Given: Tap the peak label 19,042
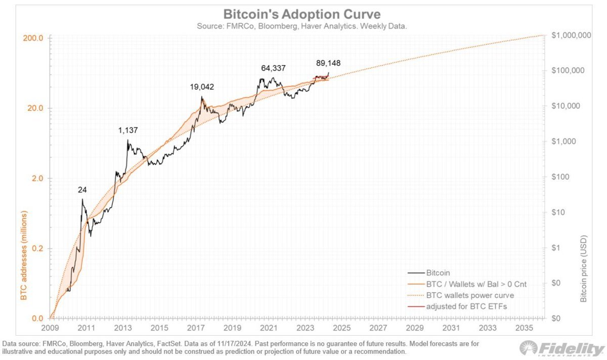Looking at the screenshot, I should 202,86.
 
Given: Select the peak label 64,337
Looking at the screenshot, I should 273,68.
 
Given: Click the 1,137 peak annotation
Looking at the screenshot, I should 128,130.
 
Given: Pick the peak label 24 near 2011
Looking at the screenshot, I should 82,190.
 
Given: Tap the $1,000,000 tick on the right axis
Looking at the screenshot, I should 572,35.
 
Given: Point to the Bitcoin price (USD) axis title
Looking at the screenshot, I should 585,268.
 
